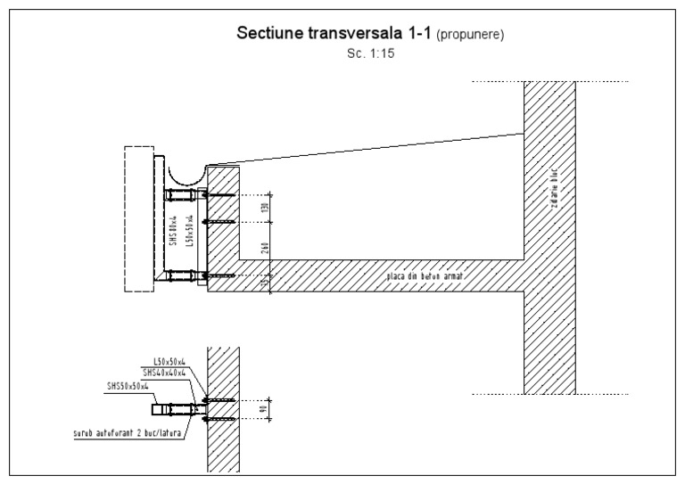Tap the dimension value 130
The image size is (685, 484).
coord(265,208)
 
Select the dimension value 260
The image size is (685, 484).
coord(265,249)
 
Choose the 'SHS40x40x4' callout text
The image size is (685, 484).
coord(164,373)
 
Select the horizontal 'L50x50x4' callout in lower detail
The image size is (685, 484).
coord(169,361)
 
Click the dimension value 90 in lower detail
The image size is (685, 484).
coord(264,409)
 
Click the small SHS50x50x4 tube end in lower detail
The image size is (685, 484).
coord(160,410)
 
